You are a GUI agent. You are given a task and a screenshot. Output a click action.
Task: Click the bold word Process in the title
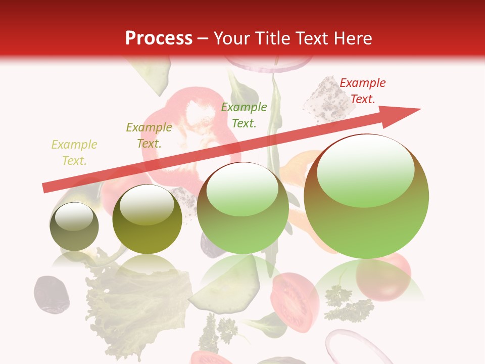pyautogui.click(x=159, y=38)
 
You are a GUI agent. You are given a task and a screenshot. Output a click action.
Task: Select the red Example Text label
pyautogui.click(x=362, y=91)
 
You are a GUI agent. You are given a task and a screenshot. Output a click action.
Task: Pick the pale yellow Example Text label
pyautogui.click(x=74, y=153)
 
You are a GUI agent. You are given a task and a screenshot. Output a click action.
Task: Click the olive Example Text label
pyautogui.click(x=149, y=135)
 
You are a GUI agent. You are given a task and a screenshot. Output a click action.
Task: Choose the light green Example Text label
pyautogui.click(x=244, y=115)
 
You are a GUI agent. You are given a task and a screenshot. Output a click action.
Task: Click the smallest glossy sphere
pyautogui.click(x=74, y=226)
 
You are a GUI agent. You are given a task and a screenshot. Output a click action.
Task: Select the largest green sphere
pyautogui.click(x=366, y=197)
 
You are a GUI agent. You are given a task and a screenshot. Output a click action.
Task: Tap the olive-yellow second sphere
pyautogui.click(x=147, y=219)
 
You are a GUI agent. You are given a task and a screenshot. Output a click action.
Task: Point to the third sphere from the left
pyautogui.click(x=243, y=208)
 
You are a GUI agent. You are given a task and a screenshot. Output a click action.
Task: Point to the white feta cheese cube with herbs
pyautogui.click(x=323, y=99)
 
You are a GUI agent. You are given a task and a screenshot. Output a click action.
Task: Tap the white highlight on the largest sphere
pyautogui.click(x=365, y=172)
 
